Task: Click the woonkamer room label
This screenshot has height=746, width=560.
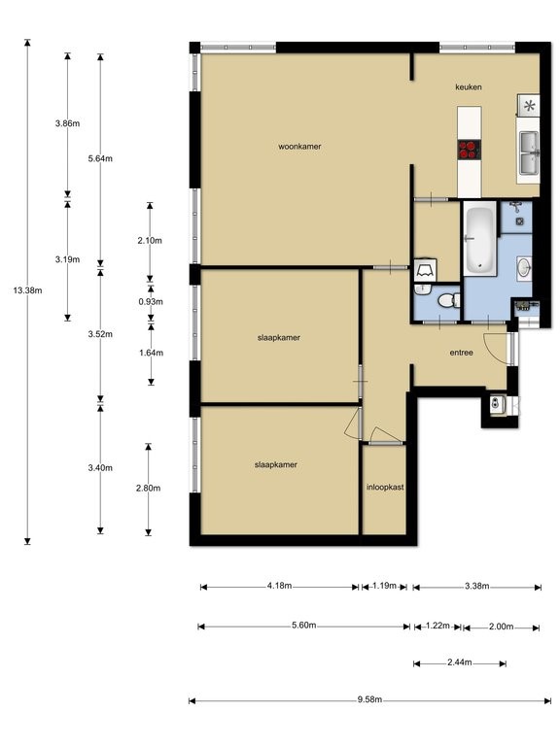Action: [299, 147]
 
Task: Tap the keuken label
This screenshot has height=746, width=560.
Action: [469, 87]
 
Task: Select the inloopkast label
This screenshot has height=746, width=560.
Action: [385, 488]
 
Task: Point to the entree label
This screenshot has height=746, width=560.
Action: [462, 353]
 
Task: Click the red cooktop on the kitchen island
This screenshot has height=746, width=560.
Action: [470, 150]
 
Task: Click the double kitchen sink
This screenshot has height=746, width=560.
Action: [529, 153]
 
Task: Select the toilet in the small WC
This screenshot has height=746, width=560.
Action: [448, 300]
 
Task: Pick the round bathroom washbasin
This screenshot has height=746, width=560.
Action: [524, 268]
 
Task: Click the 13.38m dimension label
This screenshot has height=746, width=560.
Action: [27, 290]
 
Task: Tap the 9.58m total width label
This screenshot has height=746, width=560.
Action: [370, 699]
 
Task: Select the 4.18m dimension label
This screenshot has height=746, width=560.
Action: [280, 586]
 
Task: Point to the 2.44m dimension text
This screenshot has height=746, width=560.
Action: [460, 662]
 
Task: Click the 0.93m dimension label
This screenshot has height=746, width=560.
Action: [151, 302]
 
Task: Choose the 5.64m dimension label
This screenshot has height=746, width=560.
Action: [100, 159]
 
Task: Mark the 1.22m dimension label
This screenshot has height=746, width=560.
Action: [437, 627]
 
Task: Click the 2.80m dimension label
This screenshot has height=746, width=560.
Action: [148, 489]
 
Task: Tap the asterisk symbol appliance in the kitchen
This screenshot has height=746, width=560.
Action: [529, 106]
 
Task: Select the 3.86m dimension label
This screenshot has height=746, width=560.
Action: [68, 123]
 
